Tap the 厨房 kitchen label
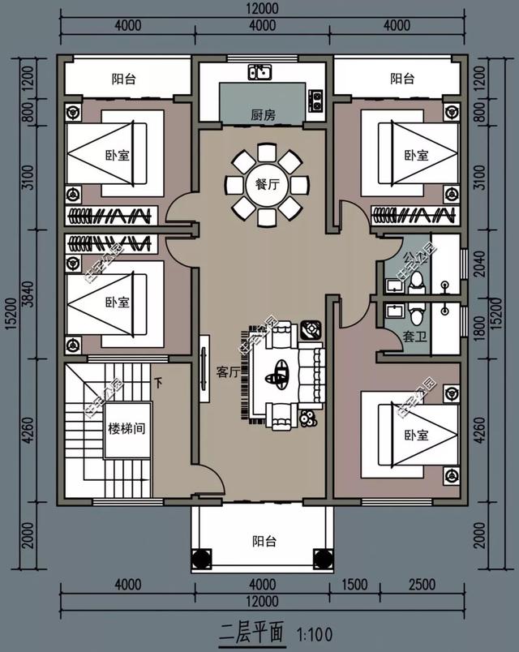(264, 115)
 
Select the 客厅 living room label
(228, 372)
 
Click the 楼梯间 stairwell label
(127, 427)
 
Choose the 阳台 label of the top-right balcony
(402, 79)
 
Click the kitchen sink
(261, 72)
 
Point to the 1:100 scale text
(314, 633)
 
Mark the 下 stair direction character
(159, 382)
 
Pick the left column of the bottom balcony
(199, 559)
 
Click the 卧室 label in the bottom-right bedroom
(416, 435)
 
